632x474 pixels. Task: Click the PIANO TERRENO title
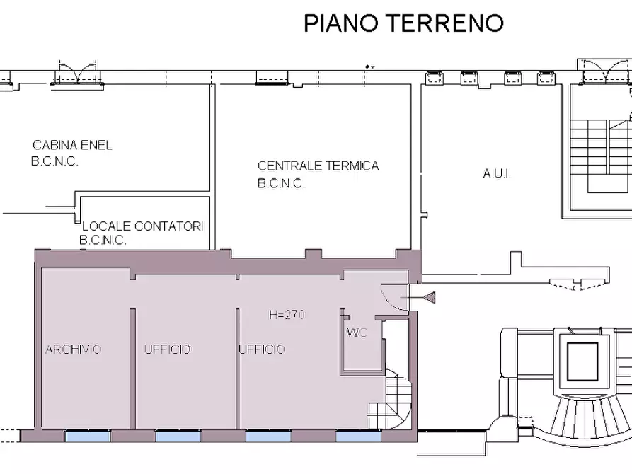[x=403, y=23]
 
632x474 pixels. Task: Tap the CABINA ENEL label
[x=72, y=146]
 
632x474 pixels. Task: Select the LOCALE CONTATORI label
[x=142, y=226]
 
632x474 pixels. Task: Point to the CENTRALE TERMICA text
[x=318, y=166]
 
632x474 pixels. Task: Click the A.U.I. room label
[x=497, y=173]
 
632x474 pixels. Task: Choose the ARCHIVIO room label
[x=74, y=349]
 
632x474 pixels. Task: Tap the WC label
[x=357, y=333]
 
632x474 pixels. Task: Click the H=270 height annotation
[x=287, y=316]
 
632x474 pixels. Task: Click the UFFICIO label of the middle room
[x=167, y=349]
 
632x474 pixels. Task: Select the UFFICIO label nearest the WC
[x=262, y=349]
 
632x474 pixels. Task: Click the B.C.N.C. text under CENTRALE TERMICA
[x=281, y=184]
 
